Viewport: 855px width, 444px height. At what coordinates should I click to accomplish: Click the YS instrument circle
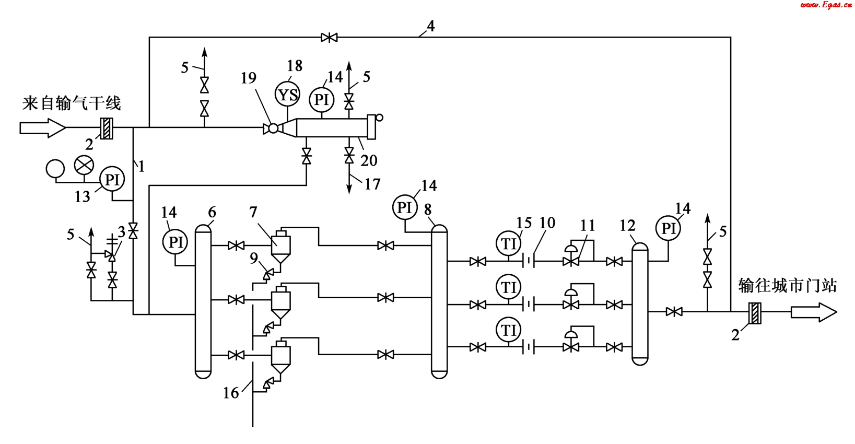click(287, 95)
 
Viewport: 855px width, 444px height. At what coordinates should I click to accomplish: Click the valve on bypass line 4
click(329, 38)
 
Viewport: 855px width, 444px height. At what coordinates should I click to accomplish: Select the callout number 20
click(369, 160)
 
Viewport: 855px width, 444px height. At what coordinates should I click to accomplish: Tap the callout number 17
click(372, 184)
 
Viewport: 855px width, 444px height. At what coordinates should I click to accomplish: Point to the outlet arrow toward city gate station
click(814, 312)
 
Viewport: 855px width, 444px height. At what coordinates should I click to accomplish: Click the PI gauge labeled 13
click(112, 180)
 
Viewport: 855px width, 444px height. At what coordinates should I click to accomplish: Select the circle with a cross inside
click(84, 166)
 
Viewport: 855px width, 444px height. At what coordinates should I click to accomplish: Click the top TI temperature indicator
click(509, 243)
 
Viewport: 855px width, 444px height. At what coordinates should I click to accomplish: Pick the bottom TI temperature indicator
click(509, 330)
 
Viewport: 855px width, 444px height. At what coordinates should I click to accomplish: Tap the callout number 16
click(231, 393)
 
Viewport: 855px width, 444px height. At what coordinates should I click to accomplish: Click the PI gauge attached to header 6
click(175, 242)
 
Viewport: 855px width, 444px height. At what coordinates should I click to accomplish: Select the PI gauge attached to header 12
click(669, 229)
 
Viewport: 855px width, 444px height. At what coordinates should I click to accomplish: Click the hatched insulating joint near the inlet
click(107, 128)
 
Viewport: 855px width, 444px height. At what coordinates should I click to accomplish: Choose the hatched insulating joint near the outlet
click(755, 313)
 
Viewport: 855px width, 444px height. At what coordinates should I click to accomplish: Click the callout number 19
click(249, 78)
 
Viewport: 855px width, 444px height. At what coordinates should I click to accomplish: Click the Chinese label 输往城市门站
click(787, 286)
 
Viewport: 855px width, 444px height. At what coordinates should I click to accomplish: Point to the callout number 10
click(547, 223)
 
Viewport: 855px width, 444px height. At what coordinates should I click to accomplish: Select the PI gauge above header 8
click(405, 208)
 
